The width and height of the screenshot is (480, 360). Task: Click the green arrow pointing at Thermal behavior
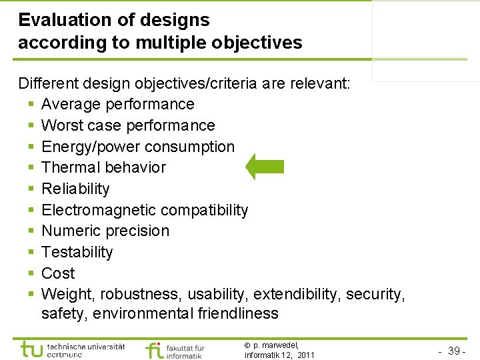click(x=265, y=167)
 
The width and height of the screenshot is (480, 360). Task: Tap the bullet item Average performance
click(x=117, y=104)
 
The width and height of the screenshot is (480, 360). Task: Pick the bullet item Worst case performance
click(x=128, y=125)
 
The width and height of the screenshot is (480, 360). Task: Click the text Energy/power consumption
click(x=138, y=147)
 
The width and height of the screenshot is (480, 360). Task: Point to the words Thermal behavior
click(x=103, y=167)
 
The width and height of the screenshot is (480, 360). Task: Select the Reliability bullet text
click(x=75, y=189)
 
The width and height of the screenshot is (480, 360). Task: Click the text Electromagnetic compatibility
click(x=145, y=210)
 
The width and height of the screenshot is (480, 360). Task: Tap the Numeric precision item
click(x=105, y=231)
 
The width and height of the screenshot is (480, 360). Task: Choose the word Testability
click(x=77, y=252)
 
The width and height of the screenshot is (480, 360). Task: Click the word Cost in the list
click(x=58, y=273)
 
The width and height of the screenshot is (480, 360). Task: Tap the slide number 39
click(x=455, y=351)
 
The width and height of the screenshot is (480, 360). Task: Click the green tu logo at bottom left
click(x=32, y=349)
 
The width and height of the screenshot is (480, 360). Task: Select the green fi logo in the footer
click(x=153, y=350)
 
